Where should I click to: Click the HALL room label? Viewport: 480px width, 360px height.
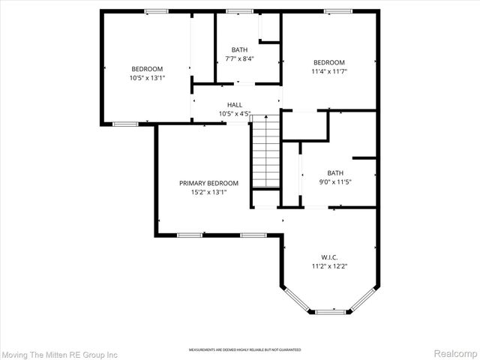pyautogui.click(x=235, y=105)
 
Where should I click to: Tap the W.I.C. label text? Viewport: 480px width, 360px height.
pyautogui.click(x=329, y=256)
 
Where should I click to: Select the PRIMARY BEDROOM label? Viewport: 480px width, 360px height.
pyautogui.click(x=208, y=183)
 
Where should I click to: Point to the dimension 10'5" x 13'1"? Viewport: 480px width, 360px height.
pyautogui.click(x=147, y=77)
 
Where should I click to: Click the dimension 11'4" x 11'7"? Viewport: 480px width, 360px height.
pyautogui.click(x=329, y=72)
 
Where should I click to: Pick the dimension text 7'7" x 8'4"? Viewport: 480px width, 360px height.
pyautogui.click(x=239, y=59)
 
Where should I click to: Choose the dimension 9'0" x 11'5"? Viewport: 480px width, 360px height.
pyautogui.click(x=335, y=181)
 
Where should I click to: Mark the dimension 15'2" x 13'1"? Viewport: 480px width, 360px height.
pyautogui.click(x=208, y=192)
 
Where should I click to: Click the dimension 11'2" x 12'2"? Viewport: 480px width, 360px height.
pyautogui.click(x=329, y=265)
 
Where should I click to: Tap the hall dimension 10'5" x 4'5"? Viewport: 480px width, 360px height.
pyautogui.click(x=235, y=114)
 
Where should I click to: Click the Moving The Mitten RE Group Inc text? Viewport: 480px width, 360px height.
pyautogui.click(x=61, y=353)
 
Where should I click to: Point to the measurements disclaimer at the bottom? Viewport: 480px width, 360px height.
pyautogui.click(x=244, y=349)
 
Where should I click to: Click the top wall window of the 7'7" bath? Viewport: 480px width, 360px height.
pyautogui.click(x=239, y=11)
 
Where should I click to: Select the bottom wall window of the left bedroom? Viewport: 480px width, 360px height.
pyautogui.click(x=125, y=124)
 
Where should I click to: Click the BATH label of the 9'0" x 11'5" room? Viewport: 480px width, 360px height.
pyautogui.click(x=335, y=172)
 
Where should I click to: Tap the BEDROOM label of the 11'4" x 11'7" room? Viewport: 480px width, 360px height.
pyautogui.click(x=329, y=62)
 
